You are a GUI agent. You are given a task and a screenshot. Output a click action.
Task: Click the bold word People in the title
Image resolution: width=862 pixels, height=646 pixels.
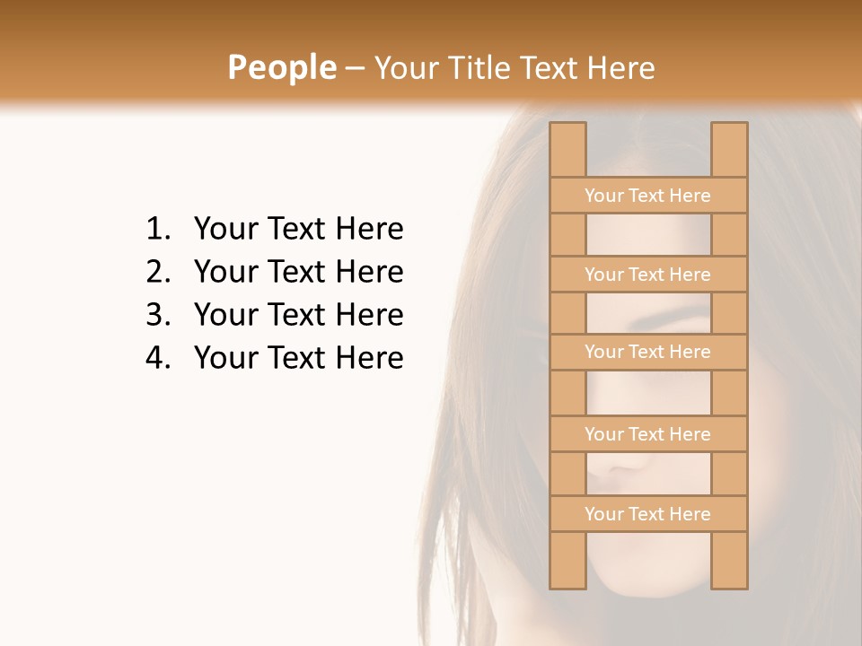(281, 67)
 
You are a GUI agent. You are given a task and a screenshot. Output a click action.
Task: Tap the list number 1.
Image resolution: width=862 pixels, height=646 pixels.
(157, 230)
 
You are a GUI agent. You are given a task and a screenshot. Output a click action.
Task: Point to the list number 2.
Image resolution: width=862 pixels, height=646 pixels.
(157, 272)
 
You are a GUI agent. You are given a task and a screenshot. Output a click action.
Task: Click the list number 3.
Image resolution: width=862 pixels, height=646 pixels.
(157, 315)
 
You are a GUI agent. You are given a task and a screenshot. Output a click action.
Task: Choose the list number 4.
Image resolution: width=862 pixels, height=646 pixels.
(157, 358)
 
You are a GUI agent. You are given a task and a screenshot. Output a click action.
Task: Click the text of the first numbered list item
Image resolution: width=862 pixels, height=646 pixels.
(298, 230)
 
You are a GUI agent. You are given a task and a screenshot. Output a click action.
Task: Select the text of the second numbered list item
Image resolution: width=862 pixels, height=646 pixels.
(298, 272)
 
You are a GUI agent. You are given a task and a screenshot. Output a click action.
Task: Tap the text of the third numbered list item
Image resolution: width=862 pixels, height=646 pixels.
(298, 315)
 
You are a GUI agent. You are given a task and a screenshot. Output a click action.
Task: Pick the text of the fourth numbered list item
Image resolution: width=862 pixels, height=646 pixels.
(298, 358)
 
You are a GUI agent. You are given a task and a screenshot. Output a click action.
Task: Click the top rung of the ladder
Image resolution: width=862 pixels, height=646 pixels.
(647, 196)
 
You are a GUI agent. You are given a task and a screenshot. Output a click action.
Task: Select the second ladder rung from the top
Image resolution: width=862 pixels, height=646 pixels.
(647, 275)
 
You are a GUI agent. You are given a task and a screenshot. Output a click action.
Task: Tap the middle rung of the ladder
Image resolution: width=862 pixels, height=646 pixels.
(647, 352)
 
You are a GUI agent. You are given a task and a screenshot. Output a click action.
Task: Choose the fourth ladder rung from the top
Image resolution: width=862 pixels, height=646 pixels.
(647, 434)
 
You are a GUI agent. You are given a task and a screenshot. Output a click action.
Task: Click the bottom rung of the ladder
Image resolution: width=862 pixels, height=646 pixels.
(647, 514)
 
